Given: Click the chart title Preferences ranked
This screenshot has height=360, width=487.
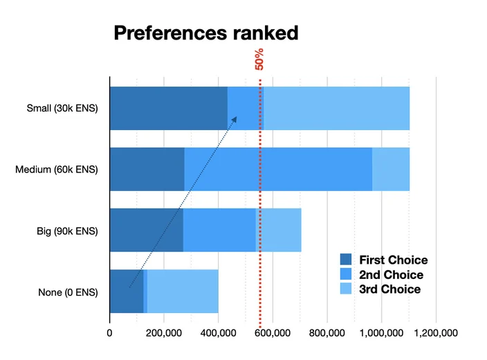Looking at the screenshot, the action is point(206,33).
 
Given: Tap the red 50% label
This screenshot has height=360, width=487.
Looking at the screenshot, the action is point(259,59).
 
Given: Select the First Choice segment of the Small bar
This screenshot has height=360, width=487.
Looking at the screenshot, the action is point(169,108).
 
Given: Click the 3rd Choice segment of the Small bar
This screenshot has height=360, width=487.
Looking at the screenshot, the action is point(337,108).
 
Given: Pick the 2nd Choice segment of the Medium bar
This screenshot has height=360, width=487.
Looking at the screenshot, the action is point(278,169).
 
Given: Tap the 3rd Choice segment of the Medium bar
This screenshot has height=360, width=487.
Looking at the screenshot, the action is point(391,169).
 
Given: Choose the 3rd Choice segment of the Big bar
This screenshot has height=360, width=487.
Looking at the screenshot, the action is point(279,230).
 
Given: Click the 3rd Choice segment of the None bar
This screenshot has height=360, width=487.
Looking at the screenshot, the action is point(183,291).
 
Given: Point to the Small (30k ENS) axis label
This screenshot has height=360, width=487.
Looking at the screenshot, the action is point(62,108).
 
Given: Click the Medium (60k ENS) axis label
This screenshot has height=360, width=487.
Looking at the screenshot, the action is point(57,170).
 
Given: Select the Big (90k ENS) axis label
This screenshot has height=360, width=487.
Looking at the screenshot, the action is point(67,231).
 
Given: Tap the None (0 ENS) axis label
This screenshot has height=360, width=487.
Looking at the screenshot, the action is point(68,292).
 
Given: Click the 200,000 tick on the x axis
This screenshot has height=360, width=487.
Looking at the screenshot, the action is point(164,333).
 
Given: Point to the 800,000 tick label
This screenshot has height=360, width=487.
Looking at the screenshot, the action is point(327,333).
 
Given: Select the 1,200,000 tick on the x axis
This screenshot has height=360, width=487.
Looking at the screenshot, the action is point(436,333).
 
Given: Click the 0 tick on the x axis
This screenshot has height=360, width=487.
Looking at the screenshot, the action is point(109,333).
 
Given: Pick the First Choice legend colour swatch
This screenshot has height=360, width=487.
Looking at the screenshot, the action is point(346,260).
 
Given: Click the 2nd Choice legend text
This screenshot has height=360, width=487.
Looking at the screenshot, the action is point(391,275).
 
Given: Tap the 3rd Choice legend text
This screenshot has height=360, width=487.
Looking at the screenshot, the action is point(389,289).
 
